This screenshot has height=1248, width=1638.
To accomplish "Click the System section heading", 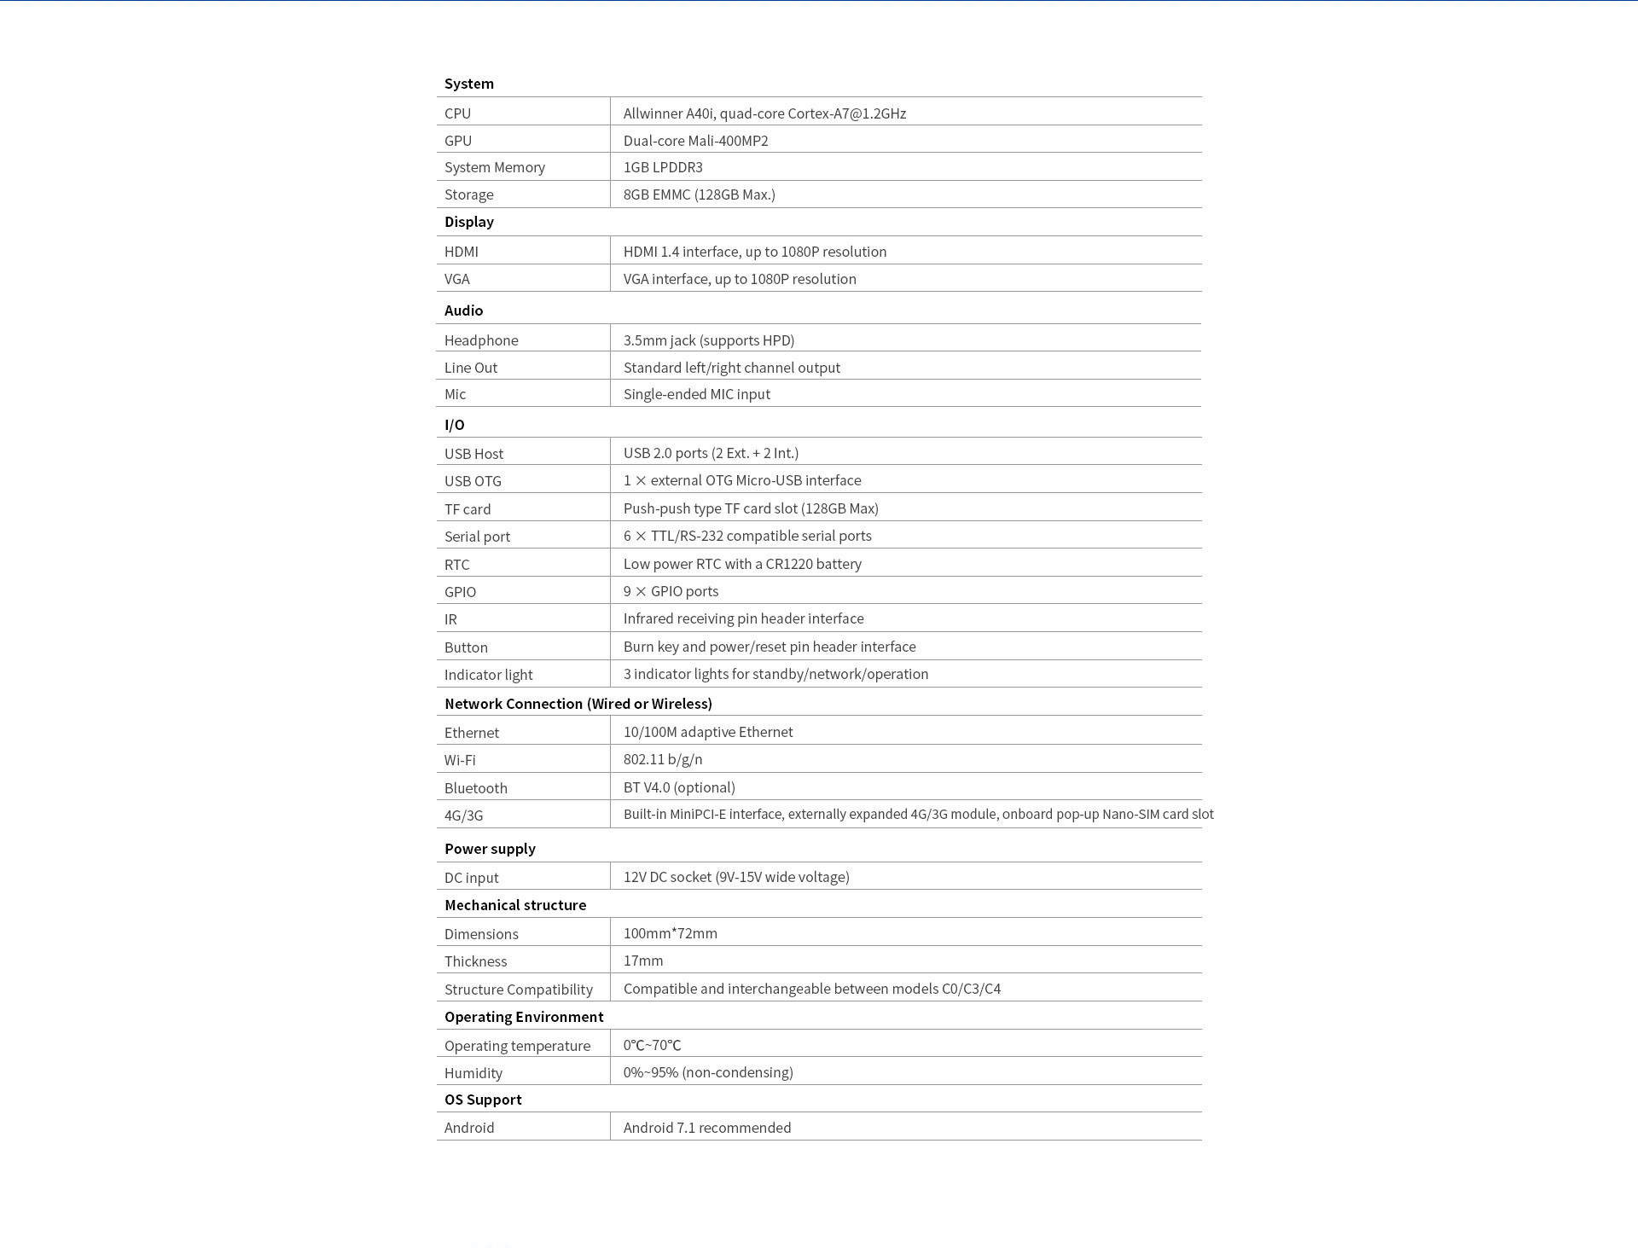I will click(x=468, y=84).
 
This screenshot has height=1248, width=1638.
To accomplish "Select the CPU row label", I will click(x=457, y=113).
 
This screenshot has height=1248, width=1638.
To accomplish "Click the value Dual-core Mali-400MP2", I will click(x=695, y=141).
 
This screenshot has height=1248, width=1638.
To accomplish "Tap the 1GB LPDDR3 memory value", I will click(x=663, y=167).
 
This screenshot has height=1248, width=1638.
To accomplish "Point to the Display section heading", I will click(x=468, y=222).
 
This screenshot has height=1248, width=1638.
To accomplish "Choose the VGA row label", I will click(x=456, y=279).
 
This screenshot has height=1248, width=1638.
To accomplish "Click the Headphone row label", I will click(x=481, y=340).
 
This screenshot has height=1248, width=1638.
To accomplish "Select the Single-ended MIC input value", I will click(x=696, y=394).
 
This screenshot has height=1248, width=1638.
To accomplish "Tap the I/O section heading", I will click(x=454, y=425).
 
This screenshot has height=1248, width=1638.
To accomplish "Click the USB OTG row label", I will click(x=473, y=481).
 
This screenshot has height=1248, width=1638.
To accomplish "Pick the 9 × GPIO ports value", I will click(x=671, y=591).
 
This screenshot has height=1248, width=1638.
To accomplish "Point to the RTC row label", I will click(x=456, y=565).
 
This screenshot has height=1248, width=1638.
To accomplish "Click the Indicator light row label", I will click(x=488, y=675).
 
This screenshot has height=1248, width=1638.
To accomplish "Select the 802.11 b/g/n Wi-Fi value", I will click(x=663, y=759).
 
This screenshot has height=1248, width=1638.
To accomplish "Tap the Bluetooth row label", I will click(x=475, y=788).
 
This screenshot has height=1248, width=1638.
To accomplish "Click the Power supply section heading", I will click(x=490, y=849).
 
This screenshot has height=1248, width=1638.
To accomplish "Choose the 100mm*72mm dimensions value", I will click(x=670, y=933).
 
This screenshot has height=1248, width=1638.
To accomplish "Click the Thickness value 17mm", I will click(x=642, y=961).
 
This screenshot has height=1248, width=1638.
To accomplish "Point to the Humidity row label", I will click(x=473, y=1073).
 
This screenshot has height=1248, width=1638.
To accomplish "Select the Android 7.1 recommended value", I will click(x=706, y=1128).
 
